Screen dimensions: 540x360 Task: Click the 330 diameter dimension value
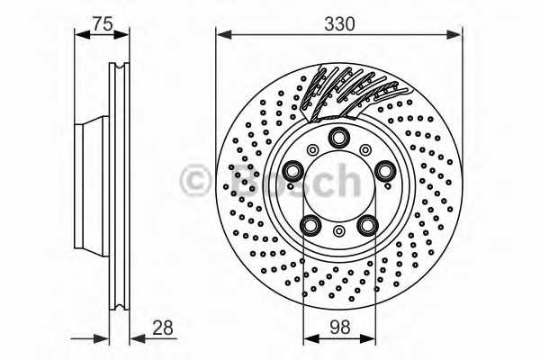coord(339,24)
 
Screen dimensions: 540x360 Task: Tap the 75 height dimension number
coord(103,24)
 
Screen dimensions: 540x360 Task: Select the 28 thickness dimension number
coord(163,328)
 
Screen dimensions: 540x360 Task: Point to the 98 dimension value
coord(339,328)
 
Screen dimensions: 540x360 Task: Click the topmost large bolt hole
coord(339,138)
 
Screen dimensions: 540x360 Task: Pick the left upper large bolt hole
coord(292,170)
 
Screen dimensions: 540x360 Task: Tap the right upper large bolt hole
coord(385,170)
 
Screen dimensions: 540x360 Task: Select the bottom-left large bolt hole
coord(310,225)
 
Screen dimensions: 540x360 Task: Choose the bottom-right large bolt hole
coord(367,225)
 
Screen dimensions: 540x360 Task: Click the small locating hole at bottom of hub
coord(339,230)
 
